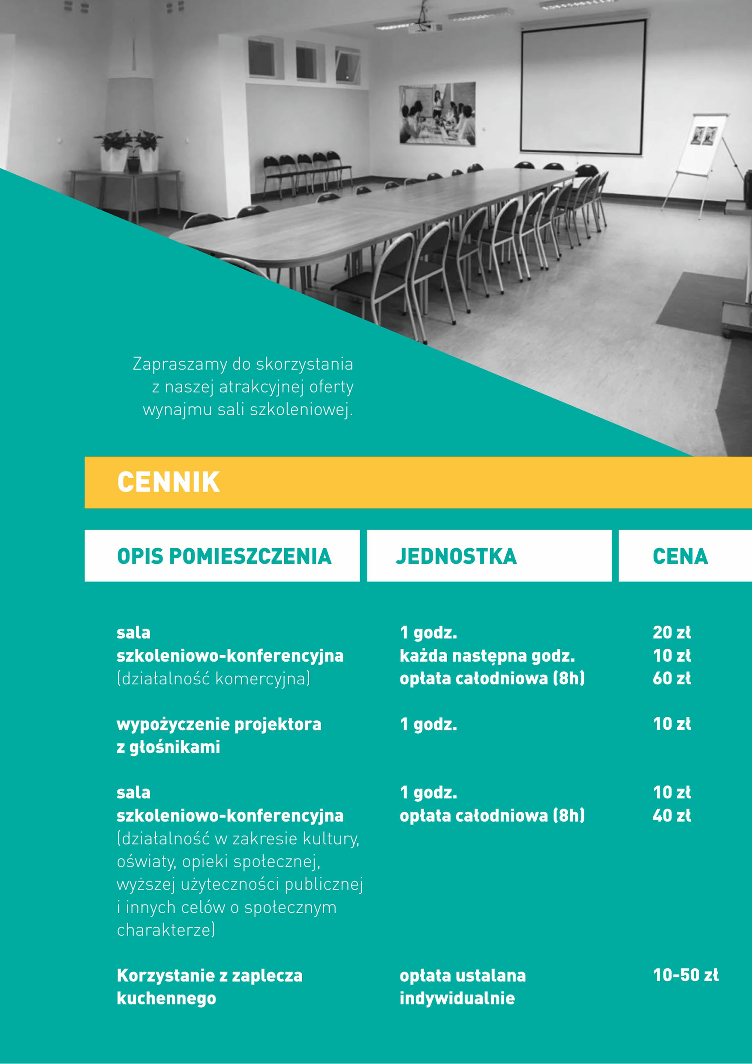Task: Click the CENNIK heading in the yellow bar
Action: tap(168, 482)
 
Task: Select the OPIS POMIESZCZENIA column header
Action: tap(224, 556)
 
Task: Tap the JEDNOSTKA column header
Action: tap(456, 556)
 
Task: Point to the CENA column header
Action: tap(680, 556)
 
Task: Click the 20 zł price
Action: tap(671, 632)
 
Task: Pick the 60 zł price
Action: tap(671, 678)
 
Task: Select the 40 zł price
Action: tap(671, 815)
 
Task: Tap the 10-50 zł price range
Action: tap(685, 975)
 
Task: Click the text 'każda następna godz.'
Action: tap(487, 656)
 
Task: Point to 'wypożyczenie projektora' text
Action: tap(219, 724)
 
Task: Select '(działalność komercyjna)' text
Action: tap(213, 679)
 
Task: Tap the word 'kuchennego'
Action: tap(166, 998)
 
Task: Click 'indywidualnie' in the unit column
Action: tap(457, 998)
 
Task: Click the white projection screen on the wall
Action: tap(583, 87)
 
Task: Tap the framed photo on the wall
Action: tap(437, 114)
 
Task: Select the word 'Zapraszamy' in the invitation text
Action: tap(180, 364)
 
